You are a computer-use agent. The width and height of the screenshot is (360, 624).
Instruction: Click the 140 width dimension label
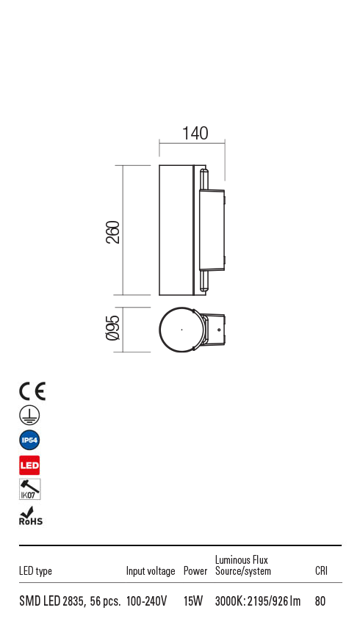coord(195,134)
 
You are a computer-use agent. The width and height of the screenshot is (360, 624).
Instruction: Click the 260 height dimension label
coord(112,232)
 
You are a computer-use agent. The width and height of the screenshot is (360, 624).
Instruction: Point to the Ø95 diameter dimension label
coord(112,327)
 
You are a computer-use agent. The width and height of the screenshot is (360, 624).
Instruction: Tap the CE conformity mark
coord(32,391)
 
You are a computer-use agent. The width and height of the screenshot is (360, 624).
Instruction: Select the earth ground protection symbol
coord(29,416)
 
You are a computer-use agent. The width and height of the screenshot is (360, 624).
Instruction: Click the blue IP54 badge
coord(29,440)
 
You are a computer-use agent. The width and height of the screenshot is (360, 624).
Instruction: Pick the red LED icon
coord(29,465)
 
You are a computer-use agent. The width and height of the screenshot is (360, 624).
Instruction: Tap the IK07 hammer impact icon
coord(29,490)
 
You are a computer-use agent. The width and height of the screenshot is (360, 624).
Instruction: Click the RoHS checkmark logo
coord(30,516)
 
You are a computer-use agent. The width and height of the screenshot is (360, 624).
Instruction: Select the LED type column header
coord(35,571)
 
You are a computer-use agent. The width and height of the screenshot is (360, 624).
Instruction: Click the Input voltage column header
coord(151,571)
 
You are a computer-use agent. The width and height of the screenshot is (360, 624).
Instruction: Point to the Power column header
coord(195,571)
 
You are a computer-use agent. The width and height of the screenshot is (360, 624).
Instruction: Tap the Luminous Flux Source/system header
coord(242,565)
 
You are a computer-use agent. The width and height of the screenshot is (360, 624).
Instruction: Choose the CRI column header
coord(321,571)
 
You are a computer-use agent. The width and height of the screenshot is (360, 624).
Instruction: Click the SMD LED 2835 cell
coord(69,601)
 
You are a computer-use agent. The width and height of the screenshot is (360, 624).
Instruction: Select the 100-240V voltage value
coord(147,601)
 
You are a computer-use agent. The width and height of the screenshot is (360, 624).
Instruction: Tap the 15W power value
coord(193,601)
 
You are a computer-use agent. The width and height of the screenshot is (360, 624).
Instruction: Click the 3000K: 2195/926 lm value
coord(258,601)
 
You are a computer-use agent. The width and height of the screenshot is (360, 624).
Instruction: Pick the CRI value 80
coord(320,601)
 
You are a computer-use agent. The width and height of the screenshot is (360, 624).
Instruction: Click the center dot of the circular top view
coord(181,330)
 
